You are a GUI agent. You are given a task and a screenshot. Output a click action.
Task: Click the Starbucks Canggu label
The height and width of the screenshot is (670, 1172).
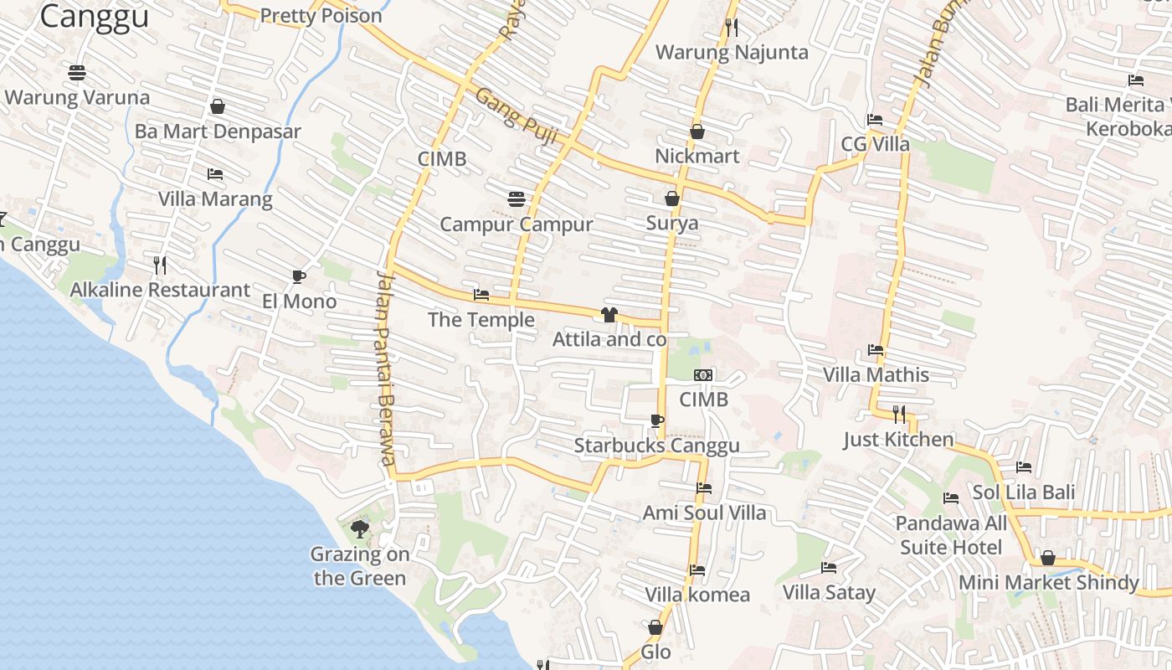point(656,446)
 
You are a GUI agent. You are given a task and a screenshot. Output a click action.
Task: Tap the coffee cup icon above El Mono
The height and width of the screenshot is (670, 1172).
point(299,277)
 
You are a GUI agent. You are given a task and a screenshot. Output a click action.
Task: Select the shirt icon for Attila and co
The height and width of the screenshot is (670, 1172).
point(609,315)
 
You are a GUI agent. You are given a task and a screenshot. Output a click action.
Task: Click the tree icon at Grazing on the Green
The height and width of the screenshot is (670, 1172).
point(360,528)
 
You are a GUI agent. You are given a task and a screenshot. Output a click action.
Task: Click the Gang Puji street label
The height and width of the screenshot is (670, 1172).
point(517,118)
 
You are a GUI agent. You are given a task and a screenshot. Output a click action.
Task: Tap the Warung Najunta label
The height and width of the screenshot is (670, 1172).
point(732,53)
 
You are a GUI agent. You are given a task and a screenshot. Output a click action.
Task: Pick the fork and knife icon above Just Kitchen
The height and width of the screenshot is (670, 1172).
point(899,414)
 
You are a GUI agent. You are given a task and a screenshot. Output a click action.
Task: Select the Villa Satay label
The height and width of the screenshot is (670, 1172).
point(829,593)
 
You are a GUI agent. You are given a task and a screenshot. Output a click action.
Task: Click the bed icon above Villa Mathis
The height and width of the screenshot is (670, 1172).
point(876,350)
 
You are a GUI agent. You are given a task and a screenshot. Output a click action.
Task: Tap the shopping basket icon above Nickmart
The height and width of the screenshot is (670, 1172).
point(697,131)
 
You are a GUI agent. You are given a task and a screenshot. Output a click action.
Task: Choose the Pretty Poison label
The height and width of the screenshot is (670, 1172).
point(321,16)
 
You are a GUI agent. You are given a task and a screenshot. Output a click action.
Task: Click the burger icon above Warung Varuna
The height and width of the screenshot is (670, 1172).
point(77,73)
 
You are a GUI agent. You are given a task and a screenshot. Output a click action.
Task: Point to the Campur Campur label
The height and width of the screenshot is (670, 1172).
point(517,224)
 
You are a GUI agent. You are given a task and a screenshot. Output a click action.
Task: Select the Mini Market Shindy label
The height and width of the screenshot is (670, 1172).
point(1048,582)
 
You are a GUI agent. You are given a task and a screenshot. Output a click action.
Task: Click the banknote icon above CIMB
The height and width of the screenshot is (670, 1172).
point(703,375)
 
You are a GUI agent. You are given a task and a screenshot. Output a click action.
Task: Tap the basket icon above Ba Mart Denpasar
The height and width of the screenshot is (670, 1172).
point(218,106)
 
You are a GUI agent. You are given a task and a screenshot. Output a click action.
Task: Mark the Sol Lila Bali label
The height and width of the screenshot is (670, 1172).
point(1023,492)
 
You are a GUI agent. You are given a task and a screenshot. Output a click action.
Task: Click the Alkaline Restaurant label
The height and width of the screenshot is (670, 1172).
point(160,291)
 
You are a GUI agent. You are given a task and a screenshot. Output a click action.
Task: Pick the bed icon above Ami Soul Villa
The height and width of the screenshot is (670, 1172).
point(704,488)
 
